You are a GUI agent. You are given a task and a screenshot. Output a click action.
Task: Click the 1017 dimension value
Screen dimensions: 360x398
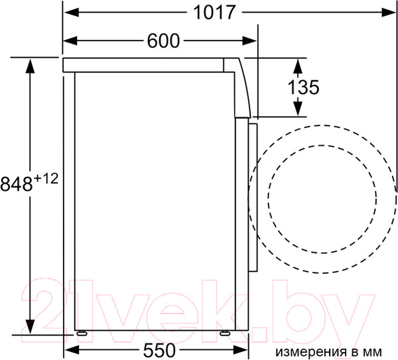point(214,12)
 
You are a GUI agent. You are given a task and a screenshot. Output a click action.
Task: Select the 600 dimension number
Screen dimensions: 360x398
point(163,41)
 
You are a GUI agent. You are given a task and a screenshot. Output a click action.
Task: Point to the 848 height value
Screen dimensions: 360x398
point(17,184)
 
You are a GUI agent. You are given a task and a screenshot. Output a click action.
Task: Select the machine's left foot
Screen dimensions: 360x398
point(82,333)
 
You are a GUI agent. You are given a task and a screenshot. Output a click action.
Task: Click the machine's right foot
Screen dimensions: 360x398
point(226,333)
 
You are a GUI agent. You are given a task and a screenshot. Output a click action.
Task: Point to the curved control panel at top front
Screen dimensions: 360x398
point(243,86)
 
